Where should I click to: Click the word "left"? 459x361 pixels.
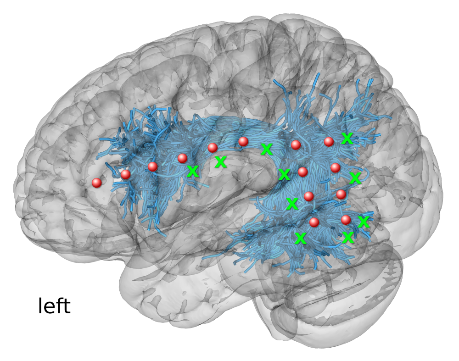coord(54,305)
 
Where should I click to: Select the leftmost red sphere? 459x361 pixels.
coord(96,183)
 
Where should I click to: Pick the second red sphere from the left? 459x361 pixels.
coord(125,174)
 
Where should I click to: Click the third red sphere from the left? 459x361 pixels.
coord(153,167)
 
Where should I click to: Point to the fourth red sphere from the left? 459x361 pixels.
coord(182,158)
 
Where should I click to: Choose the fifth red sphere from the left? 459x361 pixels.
coord(213,148)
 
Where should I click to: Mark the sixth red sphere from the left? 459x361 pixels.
coord(244,142)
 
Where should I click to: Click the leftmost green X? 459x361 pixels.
coord(193,171)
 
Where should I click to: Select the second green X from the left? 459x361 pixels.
coord(221,161)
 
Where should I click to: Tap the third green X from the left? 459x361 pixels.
coord(266,149)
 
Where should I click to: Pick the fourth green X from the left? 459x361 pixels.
coord(285,174)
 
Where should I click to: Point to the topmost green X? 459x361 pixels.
coord(347,138)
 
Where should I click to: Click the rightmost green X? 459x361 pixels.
coord(364,222)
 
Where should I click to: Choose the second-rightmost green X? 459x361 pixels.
coord(355,178)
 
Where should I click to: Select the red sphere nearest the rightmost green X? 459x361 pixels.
coord(346,220)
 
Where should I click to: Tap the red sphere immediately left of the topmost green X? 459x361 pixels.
coord(329,142)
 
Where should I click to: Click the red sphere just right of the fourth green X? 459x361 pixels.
coord(302,172)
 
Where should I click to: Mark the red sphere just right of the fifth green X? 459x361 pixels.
coord(308,196)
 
